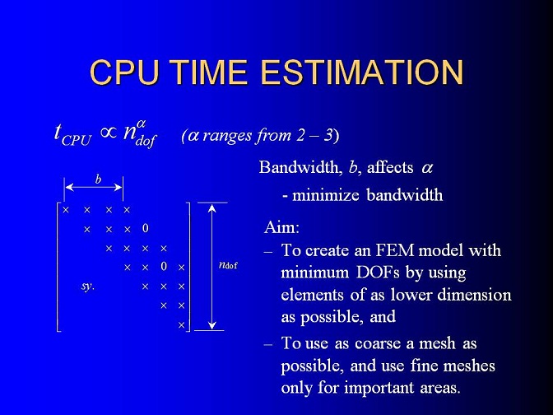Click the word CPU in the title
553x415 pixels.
pyautogui.click(x=124, y=72)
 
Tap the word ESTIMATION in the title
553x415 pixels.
pyautogui.click(x=361, y=72)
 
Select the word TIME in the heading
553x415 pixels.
pyautogui.click(x=210, y=72)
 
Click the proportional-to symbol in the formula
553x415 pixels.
pyautogui.click(x=109, y=133)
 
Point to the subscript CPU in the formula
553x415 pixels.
pyautogui.click(x=77, y=140)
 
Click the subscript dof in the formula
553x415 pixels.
pyautogui.click(x=146, y=141)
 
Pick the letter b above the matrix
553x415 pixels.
pyautogui.click(x=98, y=180)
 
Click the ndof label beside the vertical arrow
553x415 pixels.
pyautogui.click(x=228, y=264)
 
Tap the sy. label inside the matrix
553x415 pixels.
pyautogui.click(x=87, y=287)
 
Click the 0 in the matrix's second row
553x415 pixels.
pyautogui.click(x=146, y=229)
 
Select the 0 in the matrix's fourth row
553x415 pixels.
pyautogui.click(x=163, y=266)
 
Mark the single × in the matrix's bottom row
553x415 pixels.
pyautogui.click(x=181, y=324)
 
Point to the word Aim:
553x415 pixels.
pyautogui.click(x=281, y=227)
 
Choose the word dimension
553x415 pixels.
pyautogui.click(x=474, y=295)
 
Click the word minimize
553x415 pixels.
pyautogui.click(x=326, y=195)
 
